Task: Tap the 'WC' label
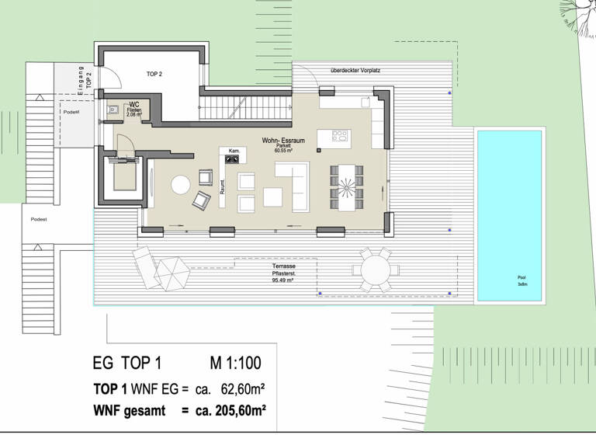(134, 104)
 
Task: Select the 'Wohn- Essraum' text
(283, 141)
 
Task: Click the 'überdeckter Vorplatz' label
(355, 71)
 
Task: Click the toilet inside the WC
(113, 110)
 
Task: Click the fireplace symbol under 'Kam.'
(232, 159)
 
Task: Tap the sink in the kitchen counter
(365, 101)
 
